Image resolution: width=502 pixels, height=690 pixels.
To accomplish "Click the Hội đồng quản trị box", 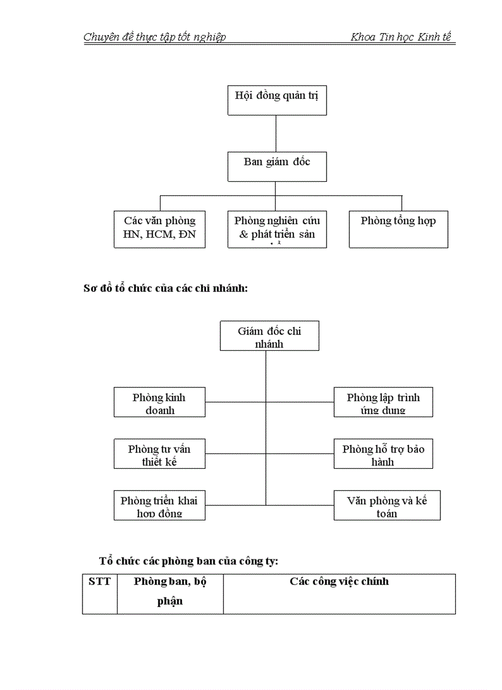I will pyautogui.click(x=277, y=100).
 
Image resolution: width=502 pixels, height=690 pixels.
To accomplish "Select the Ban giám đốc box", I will pyautogui.click(x=277, y=167).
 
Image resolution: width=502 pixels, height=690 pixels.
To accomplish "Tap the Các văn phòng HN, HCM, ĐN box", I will pyautogui.click(x=159, y=229).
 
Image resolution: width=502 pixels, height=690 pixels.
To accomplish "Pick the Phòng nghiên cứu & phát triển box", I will pyautogui.click(x=277, y=229).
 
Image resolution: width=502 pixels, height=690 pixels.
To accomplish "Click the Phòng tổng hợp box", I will pyautogui.click(x=398, y=229).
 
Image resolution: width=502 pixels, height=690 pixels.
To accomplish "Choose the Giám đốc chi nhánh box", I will pyautogui.click(x=269, y=336).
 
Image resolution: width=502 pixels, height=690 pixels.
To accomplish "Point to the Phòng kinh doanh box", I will pyautogui.click(x=159, y=402).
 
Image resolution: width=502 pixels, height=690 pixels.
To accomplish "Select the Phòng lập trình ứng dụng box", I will pyautogui.click(x=383, y=402).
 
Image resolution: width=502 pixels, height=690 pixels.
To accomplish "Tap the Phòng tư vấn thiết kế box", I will pyautogui.click(x=159, y=454).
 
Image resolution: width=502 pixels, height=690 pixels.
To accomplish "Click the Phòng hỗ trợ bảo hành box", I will pyautogui.click(x=383, y=454).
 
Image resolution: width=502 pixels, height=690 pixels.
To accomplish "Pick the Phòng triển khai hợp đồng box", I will pyautogui.click(x=159, y=505).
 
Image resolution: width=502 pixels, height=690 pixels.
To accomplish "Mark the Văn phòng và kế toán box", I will pyautogui.click(x=386, y=505).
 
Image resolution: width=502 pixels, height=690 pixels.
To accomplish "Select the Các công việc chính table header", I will pyautogui.click(x=339, y=581).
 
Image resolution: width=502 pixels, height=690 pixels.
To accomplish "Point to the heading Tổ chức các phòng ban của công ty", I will pyautogui.click(x=189, y=560).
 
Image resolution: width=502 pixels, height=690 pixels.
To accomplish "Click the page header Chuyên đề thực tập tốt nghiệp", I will pyautogui.click(x=154, y=37).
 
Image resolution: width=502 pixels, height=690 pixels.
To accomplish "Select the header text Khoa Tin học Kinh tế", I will pyautogui.click(x=400, y=37).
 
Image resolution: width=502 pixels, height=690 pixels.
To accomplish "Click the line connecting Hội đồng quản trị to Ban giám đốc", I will pyautogui.click(x=276, y=133).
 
